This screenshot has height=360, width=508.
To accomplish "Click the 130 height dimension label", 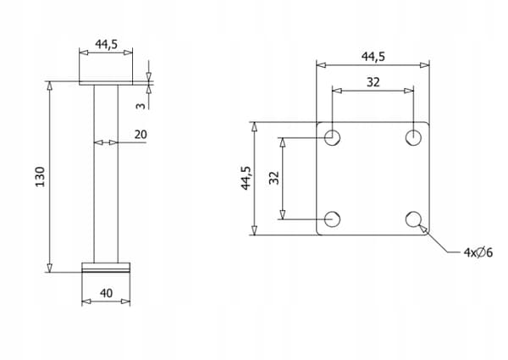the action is click(x=40, y=176).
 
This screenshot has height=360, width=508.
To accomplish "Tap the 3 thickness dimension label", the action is click(x=141, y=106).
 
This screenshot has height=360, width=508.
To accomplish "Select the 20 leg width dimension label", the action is click(x=141, y=135).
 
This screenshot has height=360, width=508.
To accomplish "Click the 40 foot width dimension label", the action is click(x=107, y=293).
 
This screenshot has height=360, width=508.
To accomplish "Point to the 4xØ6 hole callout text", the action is click(x=478, y=252).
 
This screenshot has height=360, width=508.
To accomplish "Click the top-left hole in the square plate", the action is click(x=332, y=137).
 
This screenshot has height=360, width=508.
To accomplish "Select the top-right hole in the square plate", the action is click(x=413, y=137).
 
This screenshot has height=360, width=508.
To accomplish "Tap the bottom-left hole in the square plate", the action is click(x=332, y=219).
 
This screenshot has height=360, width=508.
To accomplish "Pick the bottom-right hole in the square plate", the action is click(x=413, y=219).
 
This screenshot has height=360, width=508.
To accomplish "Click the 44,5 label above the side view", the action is click(x=107, y=44).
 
